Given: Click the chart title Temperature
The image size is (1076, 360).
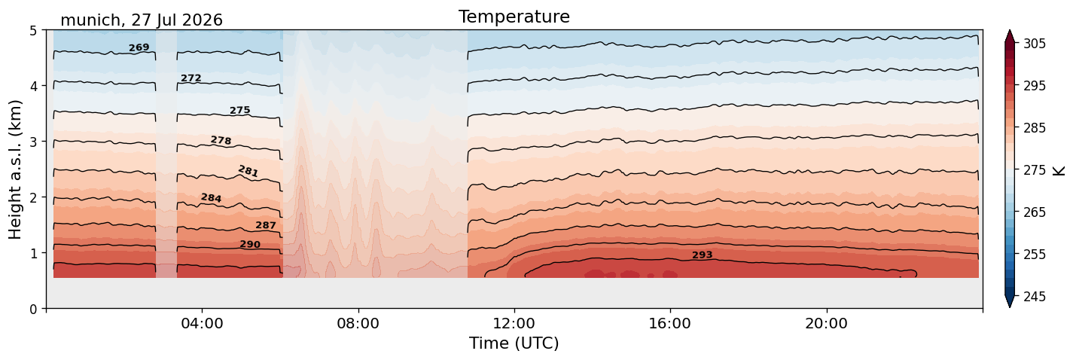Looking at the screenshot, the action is pyautogui.click(x=514, y=17).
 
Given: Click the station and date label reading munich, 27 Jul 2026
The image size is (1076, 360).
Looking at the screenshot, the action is pyautogui.click(x=142, y=20).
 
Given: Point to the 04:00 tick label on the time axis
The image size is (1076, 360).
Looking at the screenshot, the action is pyautogui.click(x=203, y=323).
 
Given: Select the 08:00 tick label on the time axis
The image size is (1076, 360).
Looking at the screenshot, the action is pyautogui.click(x=358, y=323).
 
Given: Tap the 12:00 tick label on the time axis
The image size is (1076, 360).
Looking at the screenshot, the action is pyautogui.click(x=514, y=323).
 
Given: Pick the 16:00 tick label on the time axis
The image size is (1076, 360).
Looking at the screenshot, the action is pyautogui.click(x=670, y=323).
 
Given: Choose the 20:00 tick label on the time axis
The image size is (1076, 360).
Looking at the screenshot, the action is pyautogui.click(x=826, y=323).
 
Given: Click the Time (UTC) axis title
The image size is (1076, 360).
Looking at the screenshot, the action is pyautogui.click(x=514, y=343).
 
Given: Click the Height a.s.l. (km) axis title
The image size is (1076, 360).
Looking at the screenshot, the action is pyautogui.click(x=15, y=169).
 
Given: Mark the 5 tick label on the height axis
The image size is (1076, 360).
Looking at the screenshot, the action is pyautogui.click(x=33, y=31).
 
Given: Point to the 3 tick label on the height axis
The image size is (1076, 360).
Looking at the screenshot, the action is pyautogui.click(x=33, y=142).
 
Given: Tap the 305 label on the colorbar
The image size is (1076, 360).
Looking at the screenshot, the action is pyautogui.click(x=1035, y=44).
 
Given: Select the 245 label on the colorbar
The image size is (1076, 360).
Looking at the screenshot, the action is pyautogui.click(x=1035, y=297).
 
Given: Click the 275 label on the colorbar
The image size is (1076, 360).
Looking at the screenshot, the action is pyautogui.click(x=1035, y=170).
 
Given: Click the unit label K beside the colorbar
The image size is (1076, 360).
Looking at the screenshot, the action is pyautogui.click(x=1059, y=171).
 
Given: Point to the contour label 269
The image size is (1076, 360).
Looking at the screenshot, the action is pyautogui.click(x=139, y=47).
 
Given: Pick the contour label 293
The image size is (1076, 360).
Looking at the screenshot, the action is pyautogui.click(x=703, y=255).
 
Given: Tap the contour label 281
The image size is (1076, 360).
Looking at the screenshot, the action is pyautogui.click(x=248, y=171).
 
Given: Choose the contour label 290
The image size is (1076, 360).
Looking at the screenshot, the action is pyautogui.click(x=250, y=244).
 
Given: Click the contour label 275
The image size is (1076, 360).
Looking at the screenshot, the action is pyautogui.click(x=240, y=110).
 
